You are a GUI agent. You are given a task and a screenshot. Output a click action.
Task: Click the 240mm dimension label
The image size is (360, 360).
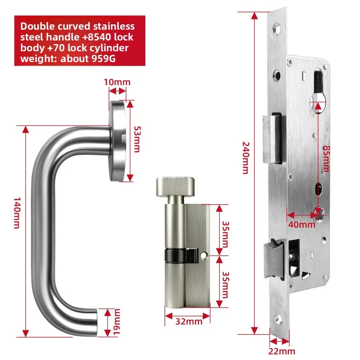[x=245, y=157]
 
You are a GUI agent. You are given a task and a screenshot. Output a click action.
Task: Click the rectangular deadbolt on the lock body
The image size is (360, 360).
[x=273, y=139]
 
